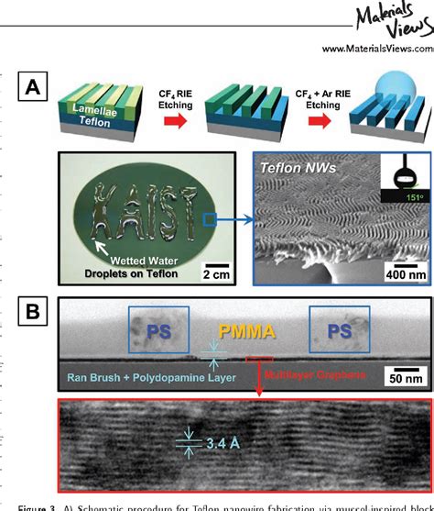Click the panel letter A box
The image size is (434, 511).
[x=35, y=89]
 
